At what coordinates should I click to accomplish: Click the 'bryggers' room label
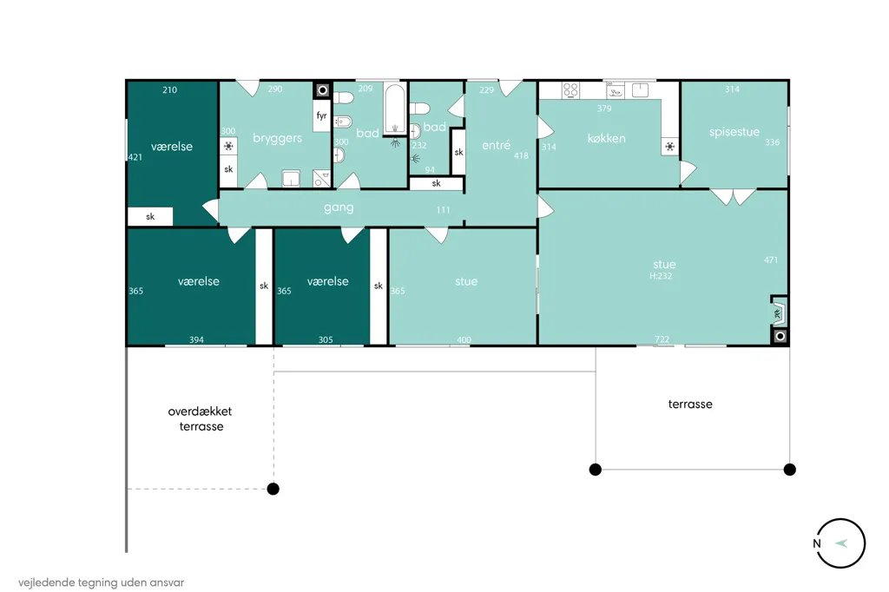pyautogui.click(x=277, y=138)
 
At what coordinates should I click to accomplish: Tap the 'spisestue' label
pyautogui.click(x=734, y=132)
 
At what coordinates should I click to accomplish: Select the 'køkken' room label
pyautogui.click(x=606, y=138)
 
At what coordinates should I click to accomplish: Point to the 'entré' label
pyautogui.click(x=496, y=145)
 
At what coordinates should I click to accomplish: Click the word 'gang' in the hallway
pyautogui.click(x=339, y=207)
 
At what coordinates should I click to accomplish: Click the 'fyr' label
pyautogui.click(x=321, y=115)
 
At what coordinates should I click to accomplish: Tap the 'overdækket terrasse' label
pyautogui.click(x=201, y=418)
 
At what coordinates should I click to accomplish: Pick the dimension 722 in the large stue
pyautogui.click(x=662, y=339)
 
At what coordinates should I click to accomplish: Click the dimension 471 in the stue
pyautogui.click(x=771, y=260)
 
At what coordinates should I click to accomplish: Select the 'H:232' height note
pyautogui.click(x=661, y=276)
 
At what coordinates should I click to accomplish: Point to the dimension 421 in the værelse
pyautogui.click(x=135, y=157)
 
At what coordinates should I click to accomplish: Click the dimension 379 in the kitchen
pyautogui.click(x=604, y=109)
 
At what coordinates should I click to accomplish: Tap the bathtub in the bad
pyautogui.click(x=395, y=109)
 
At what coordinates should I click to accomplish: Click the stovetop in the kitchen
pyautogui.click(x=571, y=90)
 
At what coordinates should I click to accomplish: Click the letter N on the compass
pyautogui.click(x=816, y=543)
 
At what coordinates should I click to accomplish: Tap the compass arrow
pyautogui.click(x=841, y=543)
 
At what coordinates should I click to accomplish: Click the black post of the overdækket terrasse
pyautogui.click(x=273, y=489)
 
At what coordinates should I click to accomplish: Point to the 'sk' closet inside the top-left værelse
pyautogui.click(x=150, y=217)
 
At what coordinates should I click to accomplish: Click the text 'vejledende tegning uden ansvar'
pyautogui.click(x=101, y=582)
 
